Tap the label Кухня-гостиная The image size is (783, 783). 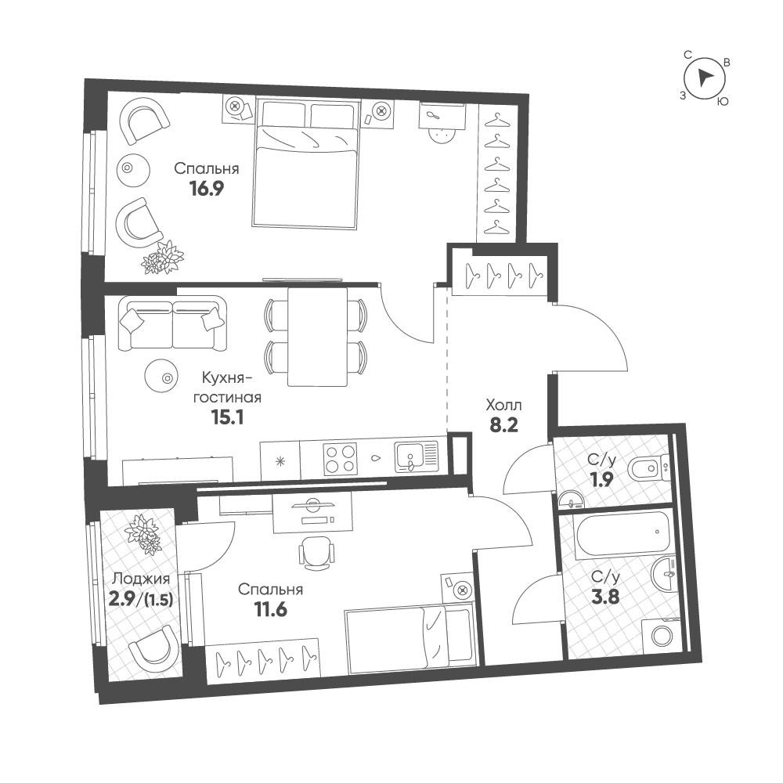coord(227,388)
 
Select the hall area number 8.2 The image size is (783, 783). coord(503,425)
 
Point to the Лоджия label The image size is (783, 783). coord(141,579)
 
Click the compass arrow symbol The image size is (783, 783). coord(704,78)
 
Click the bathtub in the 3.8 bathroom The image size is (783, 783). coord(621,534)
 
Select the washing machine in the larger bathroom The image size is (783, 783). coord(661,636)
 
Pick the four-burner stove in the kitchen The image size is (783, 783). coord(340,459)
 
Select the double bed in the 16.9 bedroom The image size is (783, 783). coord(306,164)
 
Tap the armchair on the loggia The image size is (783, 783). coord(153,651)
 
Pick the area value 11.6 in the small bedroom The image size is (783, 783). coord(271,610)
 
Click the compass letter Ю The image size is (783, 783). coord(722,101)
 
